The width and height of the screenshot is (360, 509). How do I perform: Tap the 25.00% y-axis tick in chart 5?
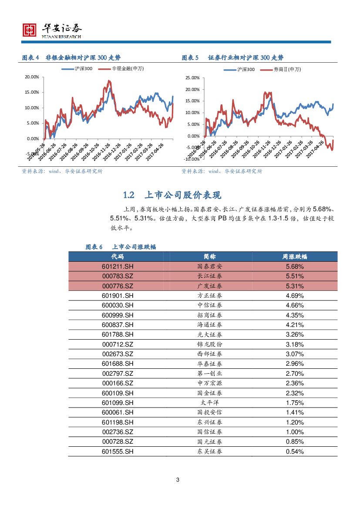(x=192, y=78)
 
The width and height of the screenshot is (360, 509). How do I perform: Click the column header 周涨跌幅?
(x=295, y=256)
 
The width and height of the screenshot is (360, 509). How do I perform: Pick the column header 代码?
(x=118, y=256)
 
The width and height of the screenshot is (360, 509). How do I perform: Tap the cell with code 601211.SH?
(x=118, y=266)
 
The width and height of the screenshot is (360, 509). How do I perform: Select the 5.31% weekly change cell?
(x=295, y=286)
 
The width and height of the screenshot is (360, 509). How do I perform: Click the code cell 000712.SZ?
(x=118, y=344)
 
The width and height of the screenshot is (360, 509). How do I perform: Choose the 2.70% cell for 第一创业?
(x=295, y=374)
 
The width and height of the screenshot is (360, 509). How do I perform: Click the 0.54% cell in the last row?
(x=295, y=452)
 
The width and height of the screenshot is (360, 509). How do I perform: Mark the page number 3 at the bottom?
(x=178, y=480)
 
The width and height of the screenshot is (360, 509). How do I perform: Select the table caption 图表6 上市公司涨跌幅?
(x=121, y=247)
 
